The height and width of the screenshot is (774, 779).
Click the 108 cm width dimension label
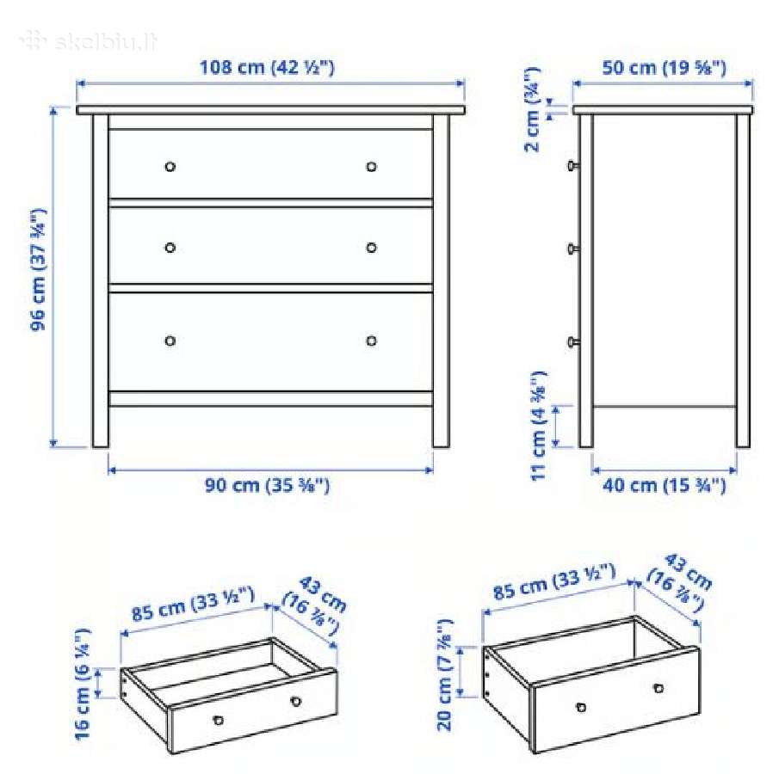[267, 67]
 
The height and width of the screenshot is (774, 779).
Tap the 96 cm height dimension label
[38, 269]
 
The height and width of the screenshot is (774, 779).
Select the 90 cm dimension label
[268, 485]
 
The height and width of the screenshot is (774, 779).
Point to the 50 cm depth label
[665, 68]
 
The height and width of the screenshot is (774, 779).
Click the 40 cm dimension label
[665, 485]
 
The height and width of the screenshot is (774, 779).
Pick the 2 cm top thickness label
[532, 109]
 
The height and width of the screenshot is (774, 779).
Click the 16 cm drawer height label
[83, 684]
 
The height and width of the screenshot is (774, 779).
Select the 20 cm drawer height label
[445, 675]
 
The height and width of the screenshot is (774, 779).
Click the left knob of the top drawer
[170, 166]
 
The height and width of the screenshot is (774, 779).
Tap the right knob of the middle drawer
[371, 247]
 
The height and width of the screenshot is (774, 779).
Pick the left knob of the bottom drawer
[170, 341]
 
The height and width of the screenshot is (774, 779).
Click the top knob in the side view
[572, 165]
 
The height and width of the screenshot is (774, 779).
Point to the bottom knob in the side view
[572, 341]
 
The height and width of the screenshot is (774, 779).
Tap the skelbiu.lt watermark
[90, 41]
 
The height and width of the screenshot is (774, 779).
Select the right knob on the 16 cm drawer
[295, 702]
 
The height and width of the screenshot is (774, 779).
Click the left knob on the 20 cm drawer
[581, 707]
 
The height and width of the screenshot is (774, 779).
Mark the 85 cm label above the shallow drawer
[194, 604]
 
